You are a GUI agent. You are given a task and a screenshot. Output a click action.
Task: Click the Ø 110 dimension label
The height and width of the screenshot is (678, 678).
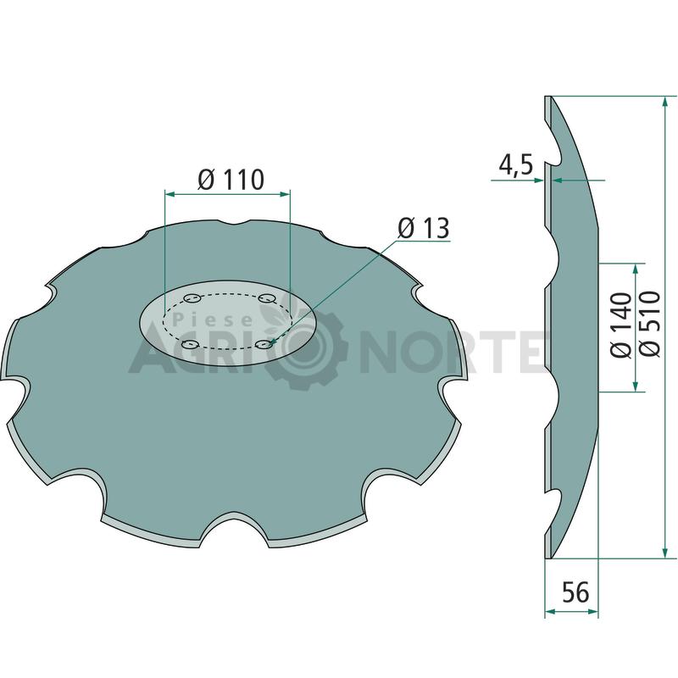click(x=231, y=180)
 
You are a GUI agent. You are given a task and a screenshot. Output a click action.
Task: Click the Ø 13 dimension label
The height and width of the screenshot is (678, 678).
click(x=424, y=228)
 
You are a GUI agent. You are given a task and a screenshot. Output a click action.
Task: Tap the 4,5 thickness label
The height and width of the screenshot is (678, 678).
click(x=516, y=164)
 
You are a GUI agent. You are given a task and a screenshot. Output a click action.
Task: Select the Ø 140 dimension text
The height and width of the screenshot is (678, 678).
click(x=621, y=325)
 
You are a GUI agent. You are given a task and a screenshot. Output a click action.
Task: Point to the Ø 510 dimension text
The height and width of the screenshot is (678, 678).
click(x=650, y=324)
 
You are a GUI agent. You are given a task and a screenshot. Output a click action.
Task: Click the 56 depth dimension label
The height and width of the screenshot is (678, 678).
click(x=575, y=592)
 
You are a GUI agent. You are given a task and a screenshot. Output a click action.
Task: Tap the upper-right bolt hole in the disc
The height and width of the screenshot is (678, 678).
click(x=267, y=298)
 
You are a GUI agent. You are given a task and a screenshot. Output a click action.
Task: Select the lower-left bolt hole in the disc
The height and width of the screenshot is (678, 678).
click(x=190, y=345)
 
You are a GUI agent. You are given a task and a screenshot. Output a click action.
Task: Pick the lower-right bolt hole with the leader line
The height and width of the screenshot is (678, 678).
click(x=264, y=344)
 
